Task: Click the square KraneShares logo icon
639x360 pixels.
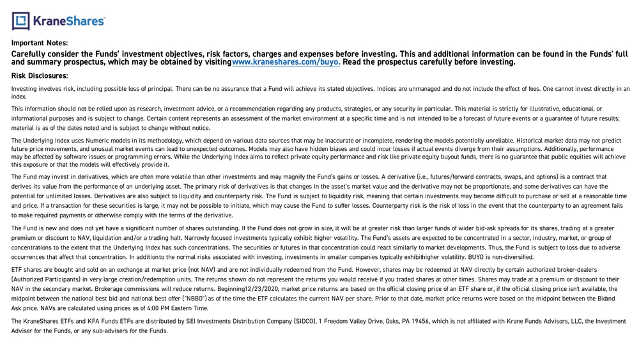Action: click(20, 21)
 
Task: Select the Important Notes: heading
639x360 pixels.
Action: click(40, 43)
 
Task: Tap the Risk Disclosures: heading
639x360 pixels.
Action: click(40, 75)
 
